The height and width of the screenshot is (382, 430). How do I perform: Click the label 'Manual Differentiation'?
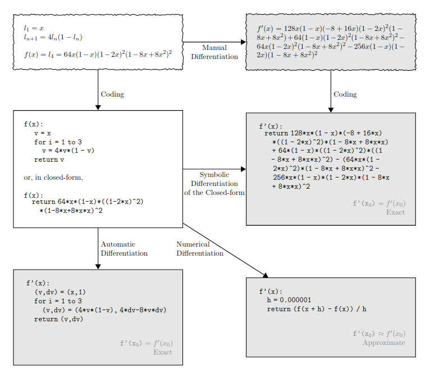tap(214, 52)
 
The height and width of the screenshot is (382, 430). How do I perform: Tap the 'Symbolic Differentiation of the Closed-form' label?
tap(214, 184)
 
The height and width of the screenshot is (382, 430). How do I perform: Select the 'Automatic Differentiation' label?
tap(124, 249)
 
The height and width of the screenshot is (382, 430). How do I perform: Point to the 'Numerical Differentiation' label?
tap(200, 249)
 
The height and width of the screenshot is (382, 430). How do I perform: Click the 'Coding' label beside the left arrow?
tap(112, 94)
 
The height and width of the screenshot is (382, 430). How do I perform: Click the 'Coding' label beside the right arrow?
tap(345, 94)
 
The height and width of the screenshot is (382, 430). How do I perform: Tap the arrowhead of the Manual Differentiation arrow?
tap(243, 42)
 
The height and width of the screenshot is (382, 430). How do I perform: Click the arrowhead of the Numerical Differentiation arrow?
tap(266, 275)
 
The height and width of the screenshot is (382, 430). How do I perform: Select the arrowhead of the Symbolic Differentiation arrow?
tap(243, 169)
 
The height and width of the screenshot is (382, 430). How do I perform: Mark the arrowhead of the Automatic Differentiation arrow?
tap(98, 267)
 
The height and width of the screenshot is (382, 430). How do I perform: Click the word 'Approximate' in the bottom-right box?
tap(384, 343)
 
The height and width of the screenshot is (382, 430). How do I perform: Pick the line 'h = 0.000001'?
tap(289, 300)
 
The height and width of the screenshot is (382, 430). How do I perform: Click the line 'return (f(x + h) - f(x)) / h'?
tap(317, 309)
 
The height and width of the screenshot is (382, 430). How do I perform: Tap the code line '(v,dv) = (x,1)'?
tap(60, 292)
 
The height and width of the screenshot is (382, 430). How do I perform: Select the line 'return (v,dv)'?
tap(59, 319)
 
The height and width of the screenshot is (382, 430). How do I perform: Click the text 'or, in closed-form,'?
tap(53, 178)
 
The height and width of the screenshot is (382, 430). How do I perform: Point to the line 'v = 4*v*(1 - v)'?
tap(68, 151)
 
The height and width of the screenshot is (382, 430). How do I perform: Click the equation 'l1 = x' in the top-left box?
tap(34, 28)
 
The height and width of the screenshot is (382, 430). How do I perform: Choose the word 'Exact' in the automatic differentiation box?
tap(163, 352)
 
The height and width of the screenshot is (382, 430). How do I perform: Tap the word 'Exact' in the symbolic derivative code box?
tap(395, 212)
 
